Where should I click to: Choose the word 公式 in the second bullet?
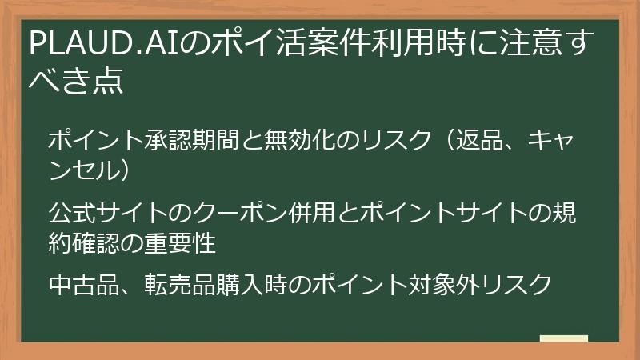(x=70, y=214)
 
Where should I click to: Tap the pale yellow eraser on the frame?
(x=563, y=339)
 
